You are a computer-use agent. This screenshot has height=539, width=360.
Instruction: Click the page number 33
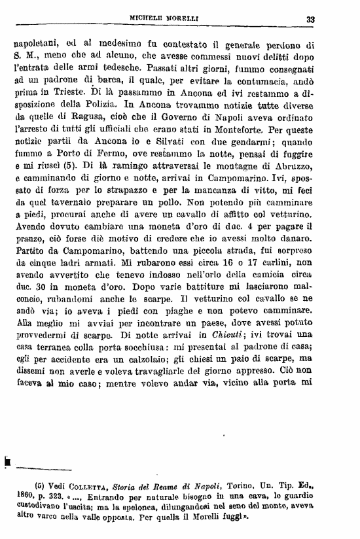(x=310, y=20)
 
